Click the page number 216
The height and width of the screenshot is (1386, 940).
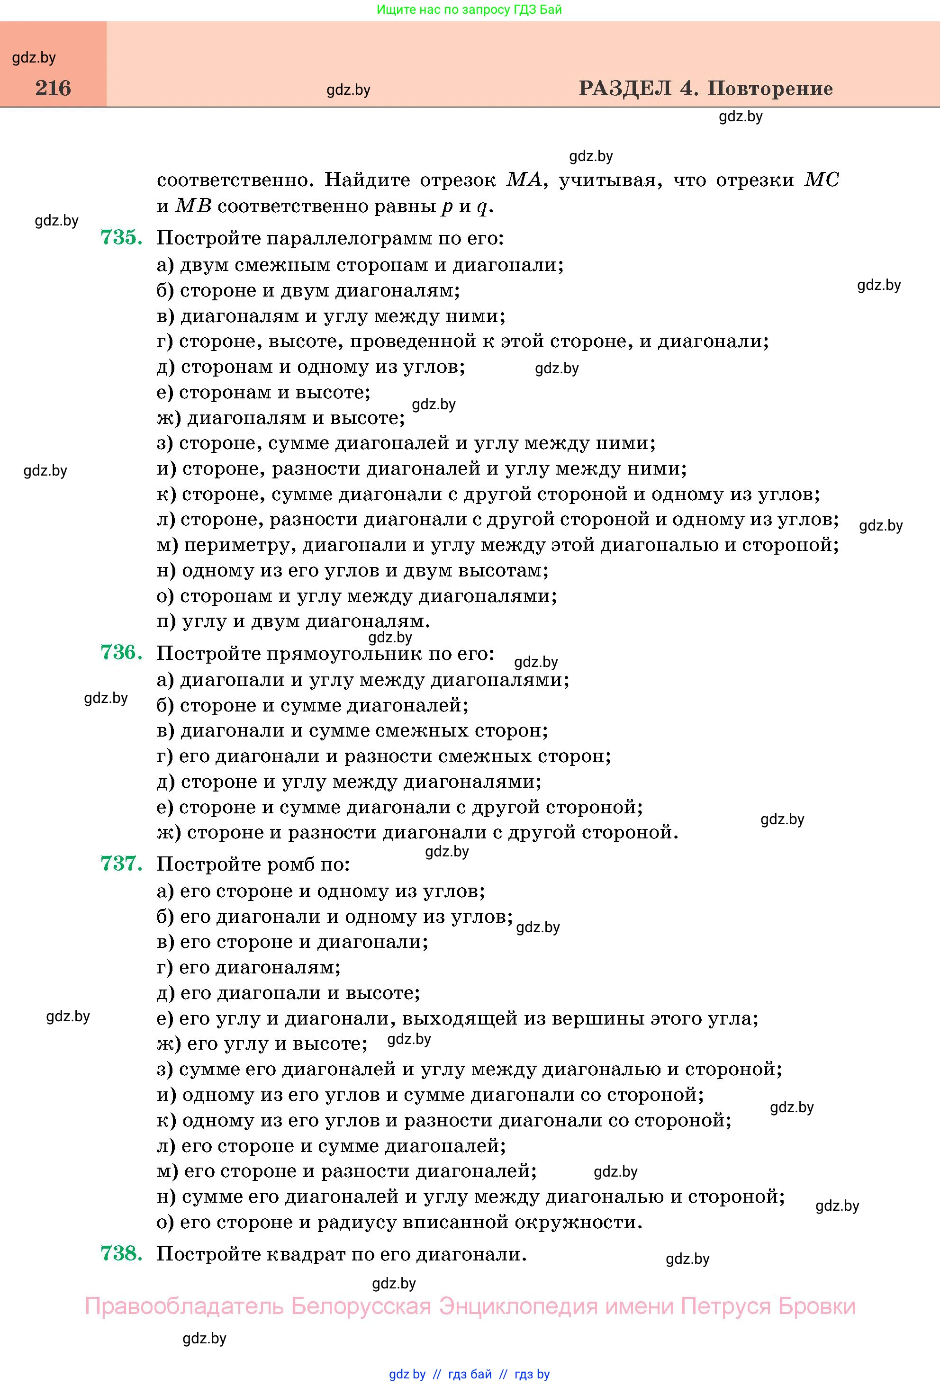coord(53,88)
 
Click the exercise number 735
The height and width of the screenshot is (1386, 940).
coord(121,237)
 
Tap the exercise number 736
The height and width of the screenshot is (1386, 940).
coord(121,652)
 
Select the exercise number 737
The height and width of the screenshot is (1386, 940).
coord(121,864)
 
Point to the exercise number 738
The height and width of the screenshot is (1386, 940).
coord(121,1253)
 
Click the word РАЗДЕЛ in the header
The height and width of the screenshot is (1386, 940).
coord(624,88)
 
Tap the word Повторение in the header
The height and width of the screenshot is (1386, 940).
coord(770,88)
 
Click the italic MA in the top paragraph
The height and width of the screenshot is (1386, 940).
coord(524,180)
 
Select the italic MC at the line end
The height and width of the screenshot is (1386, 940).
coord(821,180)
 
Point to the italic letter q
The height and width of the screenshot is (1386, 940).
coord(482,207)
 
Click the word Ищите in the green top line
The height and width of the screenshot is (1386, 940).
coord(394,9)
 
